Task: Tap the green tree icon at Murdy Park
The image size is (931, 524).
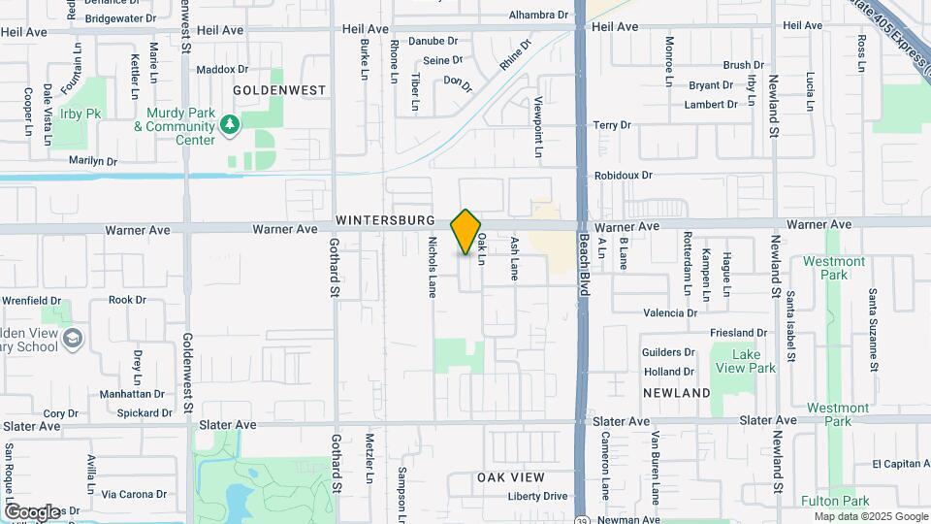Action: (x=229, y=124)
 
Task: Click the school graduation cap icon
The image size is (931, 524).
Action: (x=74, y=339)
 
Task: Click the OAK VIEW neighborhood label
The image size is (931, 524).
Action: (x=510, y=477)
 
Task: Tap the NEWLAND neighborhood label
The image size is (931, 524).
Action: (x=676, y=392)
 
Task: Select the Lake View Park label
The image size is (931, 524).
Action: (x=745, y=361)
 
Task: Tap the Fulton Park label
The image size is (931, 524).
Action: (x=842, y=501)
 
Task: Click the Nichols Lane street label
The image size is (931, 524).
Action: (x=433, y=268)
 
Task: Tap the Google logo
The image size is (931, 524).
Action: (x=31, y=511)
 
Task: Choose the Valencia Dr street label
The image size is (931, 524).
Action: (x=670, y=312)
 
